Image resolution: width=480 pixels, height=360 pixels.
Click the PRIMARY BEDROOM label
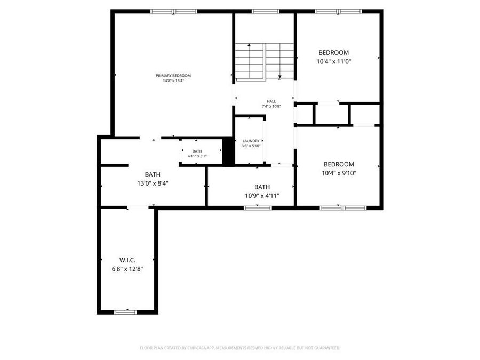click(x=173, y=76)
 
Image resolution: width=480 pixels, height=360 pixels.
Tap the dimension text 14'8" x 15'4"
click(x=173, y=81)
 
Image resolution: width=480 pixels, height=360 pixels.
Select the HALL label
click(x=271, y=101)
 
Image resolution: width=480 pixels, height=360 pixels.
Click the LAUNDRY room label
click(x=251, y=141)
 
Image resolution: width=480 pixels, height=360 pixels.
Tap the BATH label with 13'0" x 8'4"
click(x=153, y=174)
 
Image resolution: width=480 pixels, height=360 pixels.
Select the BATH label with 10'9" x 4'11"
click(x=262, y=187)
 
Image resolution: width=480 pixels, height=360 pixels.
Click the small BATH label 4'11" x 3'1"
click(x=197, y=151)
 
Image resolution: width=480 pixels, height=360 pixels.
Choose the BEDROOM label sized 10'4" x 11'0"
click(x=333, y=52)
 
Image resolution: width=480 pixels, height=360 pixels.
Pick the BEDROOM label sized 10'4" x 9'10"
click(x=339, y=164)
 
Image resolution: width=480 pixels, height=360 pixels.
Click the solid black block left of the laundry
click(x=228, y=152)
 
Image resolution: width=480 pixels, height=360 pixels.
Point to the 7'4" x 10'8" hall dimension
click(x=271, y=106)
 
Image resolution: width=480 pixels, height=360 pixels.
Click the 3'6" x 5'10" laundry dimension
click(x=251, y=146)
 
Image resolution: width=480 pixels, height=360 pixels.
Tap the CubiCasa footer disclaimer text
click(x=239, y=348)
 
